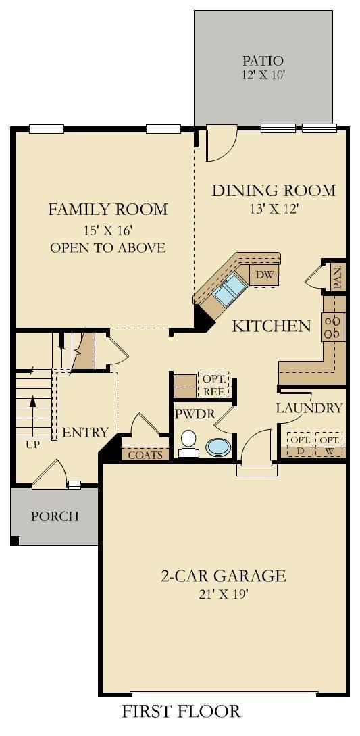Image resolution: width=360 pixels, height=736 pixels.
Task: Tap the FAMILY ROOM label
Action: pyautogui.click(x=108, y=210)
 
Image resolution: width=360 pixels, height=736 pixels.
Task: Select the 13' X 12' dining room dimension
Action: pyautogui.click(x=274, y=208)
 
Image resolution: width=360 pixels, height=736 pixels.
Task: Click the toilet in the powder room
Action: pyautogui.click(x=188, y=443)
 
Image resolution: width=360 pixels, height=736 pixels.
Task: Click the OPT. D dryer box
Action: pyautogui.click(x=300, y=445)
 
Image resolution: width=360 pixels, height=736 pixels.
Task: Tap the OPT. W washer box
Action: pyautogui.click(x=329, y=445)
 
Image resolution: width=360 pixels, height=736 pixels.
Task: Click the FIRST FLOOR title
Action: pyautogui.click(x=181, y=711)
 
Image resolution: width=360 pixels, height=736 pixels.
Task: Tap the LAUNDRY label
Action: pyautogui.click(x=309, y=408)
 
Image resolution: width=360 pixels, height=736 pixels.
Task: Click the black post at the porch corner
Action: pyautogui.click(x=15, y=541)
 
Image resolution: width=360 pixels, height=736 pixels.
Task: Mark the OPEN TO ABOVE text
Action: pyautogui.click(x=108, y=247)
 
